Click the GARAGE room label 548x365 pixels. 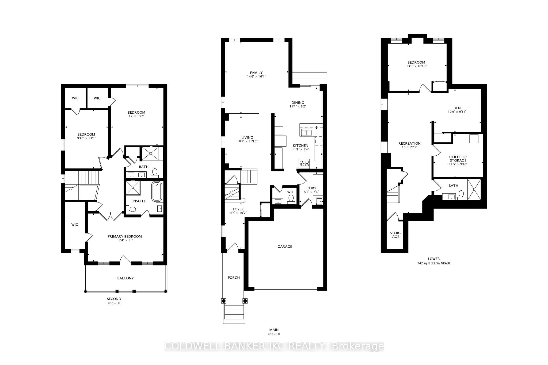tap(285, 247)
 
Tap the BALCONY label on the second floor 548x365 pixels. tap(125, 278)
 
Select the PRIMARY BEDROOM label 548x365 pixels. tap(125, 236)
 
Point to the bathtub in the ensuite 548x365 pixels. tap(157, 191)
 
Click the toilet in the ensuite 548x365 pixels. tap(131, 209)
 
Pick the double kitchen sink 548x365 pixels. tap(307, 132)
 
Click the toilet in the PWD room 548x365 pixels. tap(291, 199)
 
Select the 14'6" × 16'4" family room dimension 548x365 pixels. tap(256, 76)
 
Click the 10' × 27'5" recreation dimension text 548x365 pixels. tap(409, 147)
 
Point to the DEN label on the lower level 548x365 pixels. tap(457, 108)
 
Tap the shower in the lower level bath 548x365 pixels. tap(474, 190)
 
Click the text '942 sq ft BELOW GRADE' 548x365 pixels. tap(434, 263)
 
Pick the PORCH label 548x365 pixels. tap(234, 278)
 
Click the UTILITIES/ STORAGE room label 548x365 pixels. tap(458, 159)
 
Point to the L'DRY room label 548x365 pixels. tap(311, 188)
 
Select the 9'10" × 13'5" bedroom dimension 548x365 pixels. tap(86, 138)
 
